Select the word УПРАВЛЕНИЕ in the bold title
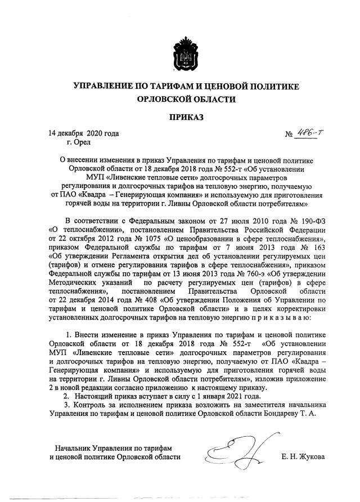[x=102, y=86]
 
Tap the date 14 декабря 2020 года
[x=84, y=134]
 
